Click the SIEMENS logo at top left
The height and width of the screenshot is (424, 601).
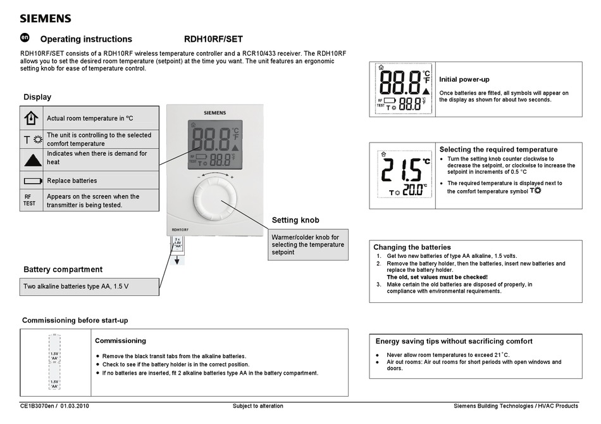click(x=46, y=18)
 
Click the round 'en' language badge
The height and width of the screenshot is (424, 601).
click(x=25, y=38)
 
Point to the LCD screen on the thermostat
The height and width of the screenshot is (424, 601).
click(x=214, y=145)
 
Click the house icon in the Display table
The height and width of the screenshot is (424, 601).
click(x=32, y=118)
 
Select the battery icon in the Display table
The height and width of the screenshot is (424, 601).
click(x=32, y=181)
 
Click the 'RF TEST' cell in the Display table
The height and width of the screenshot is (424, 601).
click(x=30, y=200)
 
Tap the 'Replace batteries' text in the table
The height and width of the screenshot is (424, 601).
click(x=72, y=181)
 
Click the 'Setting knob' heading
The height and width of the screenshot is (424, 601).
click(x=295, y=220)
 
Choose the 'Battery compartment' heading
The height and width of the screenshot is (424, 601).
click(x=63, y=269)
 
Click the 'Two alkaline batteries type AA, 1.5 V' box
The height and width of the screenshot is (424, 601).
click(x=89, y=286)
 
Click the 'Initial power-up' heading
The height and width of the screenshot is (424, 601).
click(x=464, y=79)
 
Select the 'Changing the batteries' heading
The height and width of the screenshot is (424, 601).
click(x=412, y=247)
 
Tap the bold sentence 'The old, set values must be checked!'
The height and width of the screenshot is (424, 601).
click(x=437, y=277)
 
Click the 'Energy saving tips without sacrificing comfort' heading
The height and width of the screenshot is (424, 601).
click(x=454, y=341)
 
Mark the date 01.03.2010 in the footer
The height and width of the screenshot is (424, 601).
click(x=75, y=406)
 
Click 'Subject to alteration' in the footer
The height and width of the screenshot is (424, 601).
click(x=258, y=406)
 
